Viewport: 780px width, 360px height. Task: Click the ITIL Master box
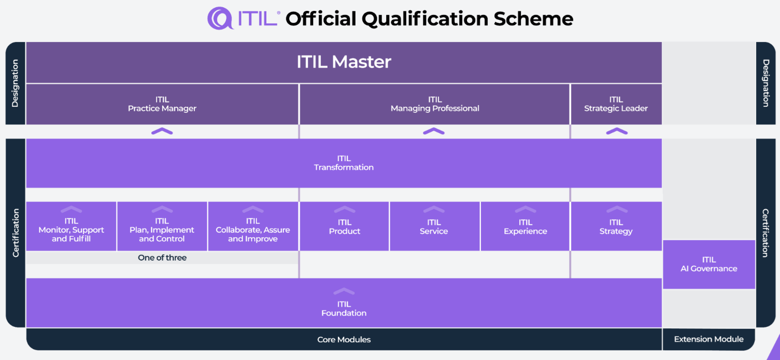344,62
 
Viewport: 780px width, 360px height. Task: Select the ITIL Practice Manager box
162,104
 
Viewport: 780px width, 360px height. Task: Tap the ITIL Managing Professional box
434,104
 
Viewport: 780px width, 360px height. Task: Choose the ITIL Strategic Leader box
616,104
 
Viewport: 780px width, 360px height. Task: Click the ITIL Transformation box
344,163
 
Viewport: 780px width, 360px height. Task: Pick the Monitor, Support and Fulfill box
71,226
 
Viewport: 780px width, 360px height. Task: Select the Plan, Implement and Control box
162,226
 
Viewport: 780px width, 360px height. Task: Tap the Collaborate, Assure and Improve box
253,226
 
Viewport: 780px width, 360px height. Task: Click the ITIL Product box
344,226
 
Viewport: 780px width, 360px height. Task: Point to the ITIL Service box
434,226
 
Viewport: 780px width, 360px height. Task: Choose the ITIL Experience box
525,226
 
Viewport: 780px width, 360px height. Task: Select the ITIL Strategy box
616,226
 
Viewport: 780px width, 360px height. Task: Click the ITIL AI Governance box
709,264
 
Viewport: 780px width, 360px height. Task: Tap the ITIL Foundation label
344,309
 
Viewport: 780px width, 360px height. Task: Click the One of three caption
162,257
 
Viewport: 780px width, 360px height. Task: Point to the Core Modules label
344,339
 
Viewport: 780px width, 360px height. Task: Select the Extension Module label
708,339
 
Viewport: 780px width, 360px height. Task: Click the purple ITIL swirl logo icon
220,18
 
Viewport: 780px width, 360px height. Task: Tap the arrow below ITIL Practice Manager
162,131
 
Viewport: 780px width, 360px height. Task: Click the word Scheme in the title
533,19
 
